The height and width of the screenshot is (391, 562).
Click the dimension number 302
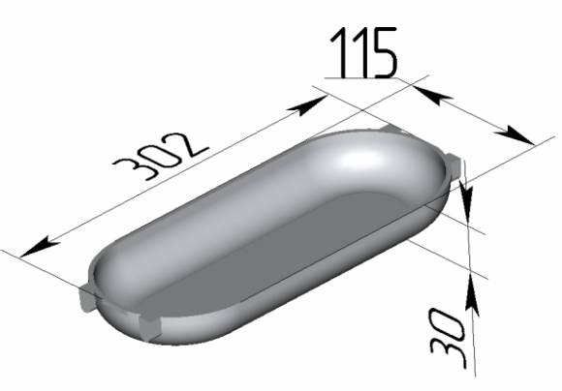[161, 156]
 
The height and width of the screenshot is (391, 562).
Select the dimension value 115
[363, 52]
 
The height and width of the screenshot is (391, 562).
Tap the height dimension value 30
[448, 338]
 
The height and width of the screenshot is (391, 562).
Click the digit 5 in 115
[386, 52]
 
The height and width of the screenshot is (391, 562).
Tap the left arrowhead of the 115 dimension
[432, 95]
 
